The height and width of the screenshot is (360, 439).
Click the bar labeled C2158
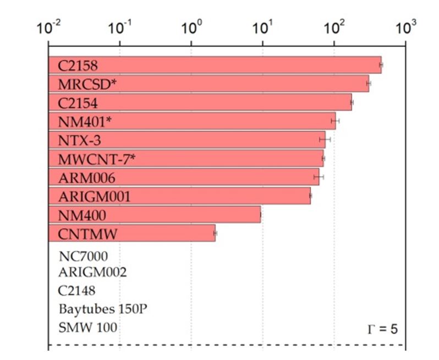pyautogui.click(x=215, y=65)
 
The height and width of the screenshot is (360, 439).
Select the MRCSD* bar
pyautogui.click(x=209, y=84)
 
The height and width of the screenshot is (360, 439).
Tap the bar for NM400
pyautogui.click(x=155, y=215)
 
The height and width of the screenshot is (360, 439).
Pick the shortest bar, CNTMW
pyautogui.click(x=132, y=233)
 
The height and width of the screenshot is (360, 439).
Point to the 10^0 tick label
pyautogui.click(x=191, y=28)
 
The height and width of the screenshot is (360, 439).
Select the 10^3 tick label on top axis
pyautogui.click(x=405, y=28)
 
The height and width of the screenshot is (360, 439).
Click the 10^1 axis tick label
pyautogui.click(x=262, y=28)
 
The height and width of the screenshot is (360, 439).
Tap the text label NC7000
pyautogui.click(x=83, y=256)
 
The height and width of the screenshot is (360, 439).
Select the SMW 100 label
pyautogui.click(x=87, y=328)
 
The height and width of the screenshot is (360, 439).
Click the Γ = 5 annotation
pyautogui.click(x=382, y=329)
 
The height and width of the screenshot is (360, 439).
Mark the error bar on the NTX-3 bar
pyautogui.click(x=325, y=140)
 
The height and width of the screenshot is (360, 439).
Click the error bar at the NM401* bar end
pyautogui.click(x=335, y=121)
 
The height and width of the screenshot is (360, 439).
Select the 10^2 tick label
pyautogui.click(x=334, y=28)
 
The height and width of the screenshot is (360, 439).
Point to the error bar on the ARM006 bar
pyautogui.click(x=319, y=177)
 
